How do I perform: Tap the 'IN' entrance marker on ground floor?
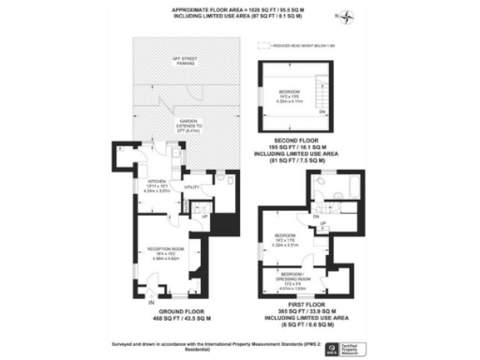(150, 302)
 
